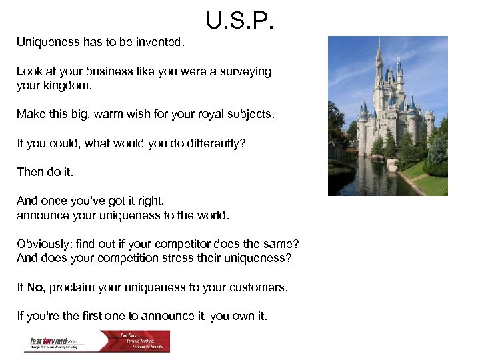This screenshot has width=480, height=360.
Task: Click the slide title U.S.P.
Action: click(239, 21)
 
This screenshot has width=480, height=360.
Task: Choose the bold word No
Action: click(35, 287)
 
